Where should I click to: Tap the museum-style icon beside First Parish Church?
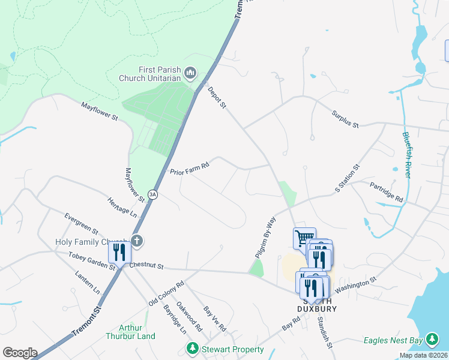pos(191,74)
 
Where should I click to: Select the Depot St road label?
pos(217,98)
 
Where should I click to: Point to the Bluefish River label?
pos(406,154)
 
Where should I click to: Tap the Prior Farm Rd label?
pos(189,167)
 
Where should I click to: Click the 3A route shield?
pos(153,194)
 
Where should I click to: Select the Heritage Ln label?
pos(122,207)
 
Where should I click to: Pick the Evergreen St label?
pos(81,223)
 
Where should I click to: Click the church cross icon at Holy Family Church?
pos(137,242)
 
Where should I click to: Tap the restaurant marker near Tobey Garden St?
pos(119,252)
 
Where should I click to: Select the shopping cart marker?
pos(304,238)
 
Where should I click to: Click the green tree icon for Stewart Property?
pos(192,349)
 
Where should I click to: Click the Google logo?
pos(19,353)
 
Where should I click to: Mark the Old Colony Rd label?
pos(166,293)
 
